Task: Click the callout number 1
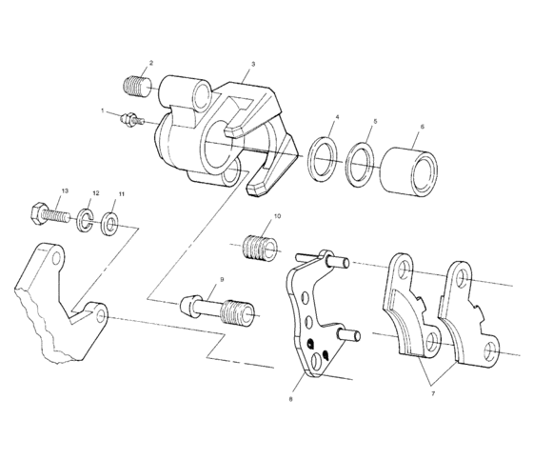(x=102, y=111)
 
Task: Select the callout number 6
(x=422, y=127)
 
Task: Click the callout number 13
(x=65, y=191)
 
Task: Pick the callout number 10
(x=277, y=217)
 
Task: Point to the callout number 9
(x=221, y=280)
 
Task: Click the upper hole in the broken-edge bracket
(x=56, y=258)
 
